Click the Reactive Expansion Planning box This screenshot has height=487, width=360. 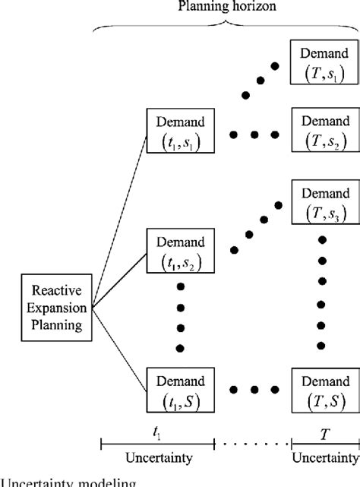click(52, 308)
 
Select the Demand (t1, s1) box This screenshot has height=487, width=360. click(179, 130)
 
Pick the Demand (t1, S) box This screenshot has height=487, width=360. click(179, 388)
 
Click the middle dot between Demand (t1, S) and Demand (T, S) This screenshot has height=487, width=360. click(253, 389)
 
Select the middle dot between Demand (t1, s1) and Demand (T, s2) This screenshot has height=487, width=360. click(253, 134)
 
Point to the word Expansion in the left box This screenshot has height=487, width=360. click(52, 308)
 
